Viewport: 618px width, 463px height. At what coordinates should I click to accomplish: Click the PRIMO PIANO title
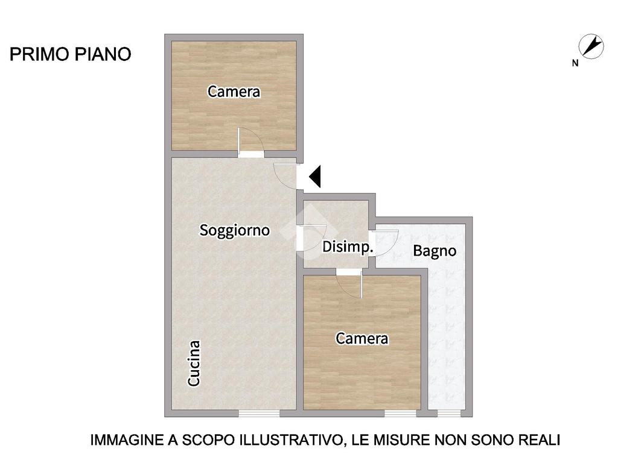[x=70, y=54]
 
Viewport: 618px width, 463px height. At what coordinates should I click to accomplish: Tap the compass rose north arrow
[x=591, y=46]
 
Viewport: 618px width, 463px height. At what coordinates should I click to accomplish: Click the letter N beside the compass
[x=575, y=63]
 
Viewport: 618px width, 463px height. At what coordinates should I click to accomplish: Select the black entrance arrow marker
[x=315, y=176]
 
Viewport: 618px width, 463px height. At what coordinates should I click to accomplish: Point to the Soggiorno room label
[x=235, y=230]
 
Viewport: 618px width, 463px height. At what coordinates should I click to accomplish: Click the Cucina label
[x=194, y=363]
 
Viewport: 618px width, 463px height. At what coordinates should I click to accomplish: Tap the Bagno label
[x=435, y=251]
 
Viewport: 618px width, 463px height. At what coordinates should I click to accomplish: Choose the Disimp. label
[x=348, y=247]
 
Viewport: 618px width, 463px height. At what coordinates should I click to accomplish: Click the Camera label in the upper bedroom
[x=234, y=92]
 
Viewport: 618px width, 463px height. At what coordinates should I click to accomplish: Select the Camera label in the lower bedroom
[x=362, y=338]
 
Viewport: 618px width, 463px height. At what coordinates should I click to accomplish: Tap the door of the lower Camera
[x=349, y=283]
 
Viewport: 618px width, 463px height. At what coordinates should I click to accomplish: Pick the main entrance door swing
[x=285, y=175]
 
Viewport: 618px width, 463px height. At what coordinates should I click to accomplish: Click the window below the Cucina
[x=259, y=414]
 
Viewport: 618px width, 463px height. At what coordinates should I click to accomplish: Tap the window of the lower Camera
[x=400, y=414]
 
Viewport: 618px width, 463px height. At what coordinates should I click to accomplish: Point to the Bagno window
[x=449, y=414]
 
